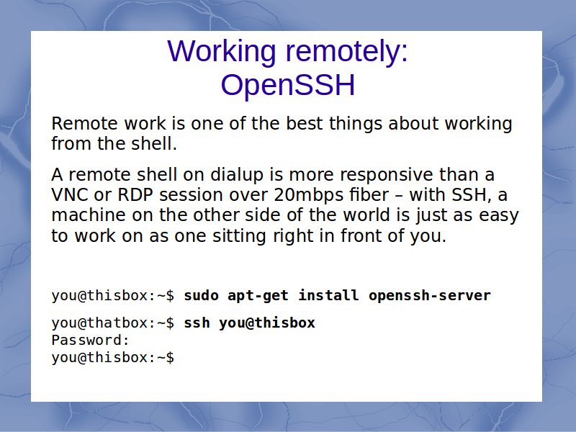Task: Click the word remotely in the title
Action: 346,51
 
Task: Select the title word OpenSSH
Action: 288,85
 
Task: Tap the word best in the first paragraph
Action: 305,123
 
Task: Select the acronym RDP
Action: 135,195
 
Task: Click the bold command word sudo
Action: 202,295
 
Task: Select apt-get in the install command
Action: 258,296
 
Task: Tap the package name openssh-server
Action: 430,296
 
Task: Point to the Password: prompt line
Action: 91,340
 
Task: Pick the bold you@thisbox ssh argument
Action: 267,323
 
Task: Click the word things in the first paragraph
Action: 356,124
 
